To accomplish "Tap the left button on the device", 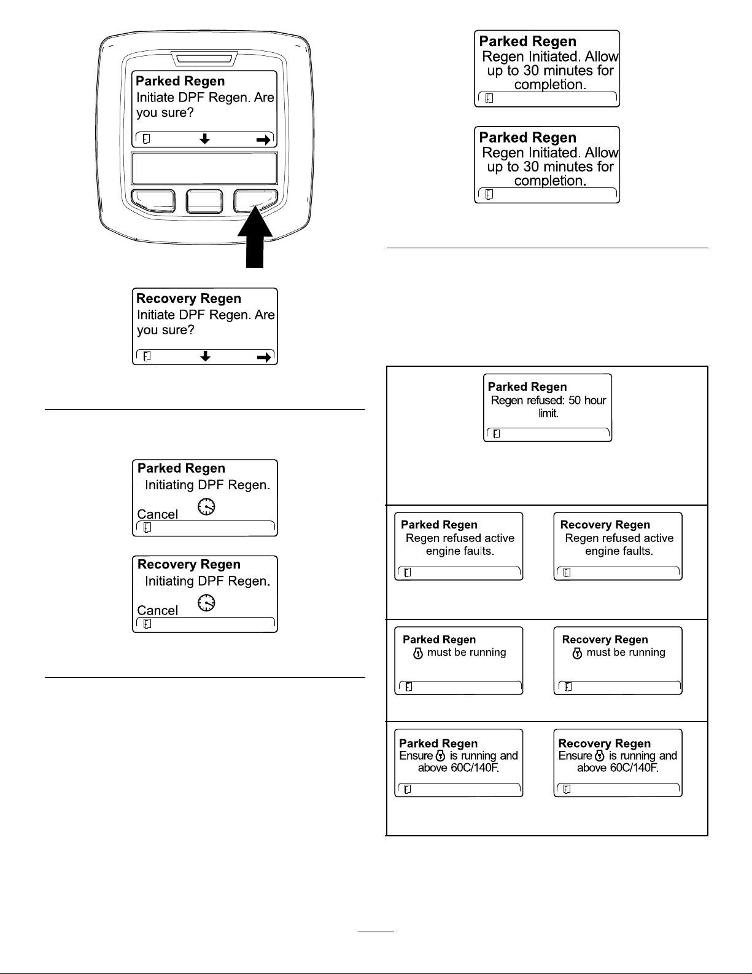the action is point(153,201).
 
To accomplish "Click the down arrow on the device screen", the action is point(204,138).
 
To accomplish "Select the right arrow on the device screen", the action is point(263,140).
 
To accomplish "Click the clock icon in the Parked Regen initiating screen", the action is point(206,506).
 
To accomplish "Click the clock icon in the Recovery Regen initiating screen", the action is point(206,603).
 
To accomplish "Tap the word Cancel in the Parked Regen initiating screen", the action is point(158,514).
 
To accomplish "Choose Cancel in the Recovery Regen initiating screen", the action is point(158,610).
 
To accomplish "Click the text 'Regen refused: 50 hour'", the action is point(548,400).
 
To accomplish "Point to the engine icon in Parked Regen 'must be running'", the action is point(418,653).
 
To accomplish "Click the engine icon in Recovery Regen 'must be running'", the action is point(578,653).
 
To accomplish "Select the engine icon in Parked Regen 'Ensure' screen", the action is point(441,756).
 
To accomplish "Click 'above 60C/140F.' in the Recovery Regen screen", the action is point(618,768).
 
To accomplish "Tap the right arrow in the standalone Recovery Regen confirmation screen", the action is point(264,357).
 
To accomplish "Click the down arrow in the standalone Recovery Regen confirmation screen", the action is point(206,356).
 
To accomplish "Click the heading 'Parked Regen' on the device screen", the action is point(180,81).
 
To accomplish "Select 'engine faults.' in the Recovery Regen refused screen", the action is point(619,551).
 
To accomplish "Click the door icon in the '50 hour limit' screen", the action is point(497,434).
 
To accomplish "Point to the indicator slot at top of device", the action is point(204,59).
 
